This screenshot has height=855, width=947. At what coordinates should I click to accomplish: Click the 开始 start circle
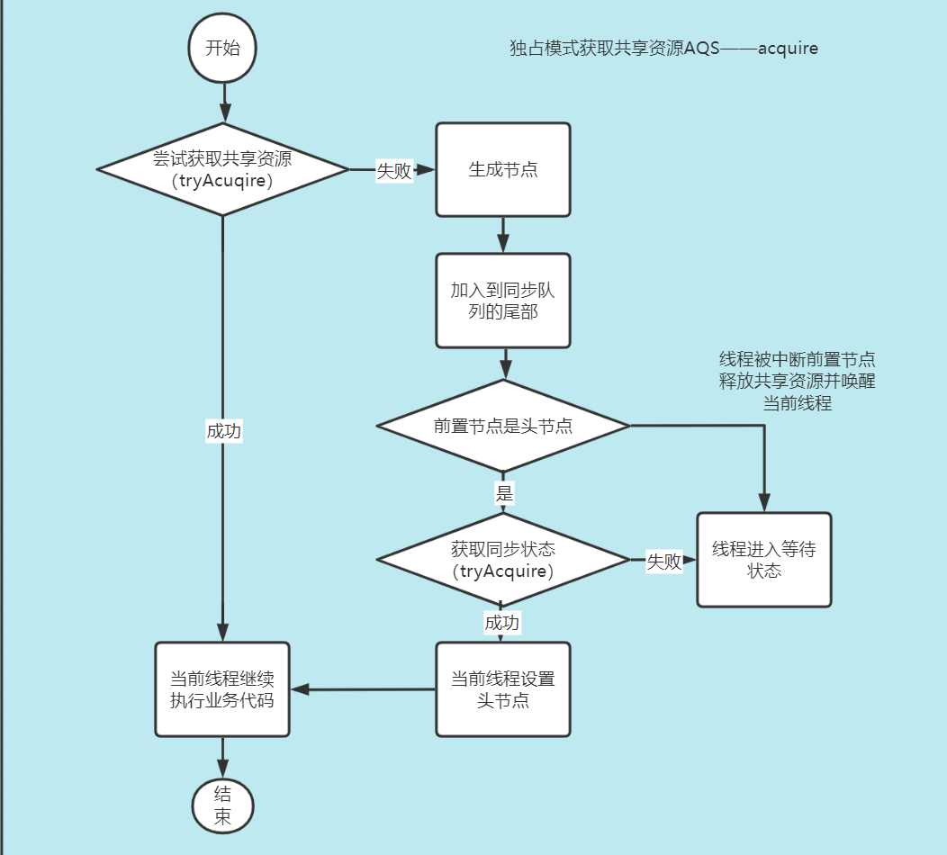(x=222, y=49)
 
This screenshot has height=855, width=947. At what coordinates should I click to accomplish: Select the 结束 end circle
(x=222, y=805)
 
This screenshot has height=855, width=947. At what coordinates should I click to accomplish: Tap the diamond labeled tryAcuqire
(x=222, y=169)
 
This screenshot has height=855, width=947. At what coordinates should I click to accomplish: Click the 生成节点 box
(x=503, y=169)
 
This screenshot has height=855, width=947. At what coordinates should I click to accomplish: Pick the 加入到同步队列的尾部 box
(x=503, y=301)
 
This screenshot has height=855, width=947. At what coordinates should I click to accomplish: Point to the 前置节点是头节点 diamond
(x=503, y=426)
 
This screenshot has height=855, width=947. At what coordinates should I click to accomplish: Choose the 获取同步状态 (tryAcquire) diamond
(x=503, y=560)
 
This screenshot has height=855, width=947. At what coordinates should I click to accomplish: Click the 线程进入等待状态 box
(x=764, y=560)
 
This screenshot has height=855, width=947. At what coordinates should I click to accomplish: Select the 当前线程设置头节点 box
(x=503, y=689)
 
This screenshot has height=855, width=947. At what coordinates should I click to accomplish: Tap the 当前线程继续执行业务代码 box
(x=222, y=689)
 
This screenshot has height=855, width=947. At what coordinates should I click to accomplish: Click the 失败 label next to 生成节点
(x=394, y=171)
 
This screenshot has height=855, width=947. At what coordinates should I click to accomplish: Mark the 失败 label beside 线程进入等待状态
(x=664, y=562)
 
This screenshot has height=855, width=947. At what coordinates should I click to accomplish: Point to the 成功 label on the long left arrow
(x=224, y=431)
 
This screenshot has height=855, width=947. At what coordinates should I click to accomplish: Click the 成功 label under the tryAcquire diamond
(x=501, y=623)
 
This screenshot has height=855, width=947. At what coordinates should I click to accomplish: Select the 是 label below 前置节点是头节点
(x=504, y=492)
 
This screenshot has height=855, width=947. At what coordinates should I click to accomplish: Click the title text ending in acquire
(x=663, y=49)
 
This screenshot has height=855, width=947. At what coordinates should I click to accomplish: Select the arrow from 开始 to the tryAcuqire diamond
(x=222, y=101)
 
